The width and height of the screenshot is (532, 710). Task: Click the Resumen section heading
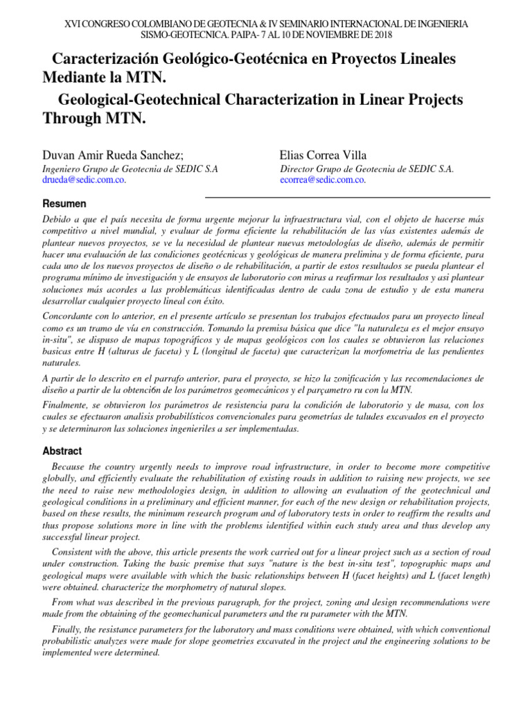point(64,204)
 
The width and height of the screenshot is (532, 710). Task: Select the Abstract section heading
point(62,450)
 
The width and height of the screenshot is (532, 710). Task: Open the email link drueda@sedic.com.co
point(85,179)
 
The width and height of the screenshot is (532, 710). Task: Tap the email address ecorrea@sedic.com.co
point(323,179)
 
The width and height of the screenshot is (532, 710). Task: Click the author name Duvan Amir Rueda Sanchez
point(113,155)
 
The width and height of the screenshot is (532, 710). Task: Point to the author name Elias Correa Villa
point(323,155)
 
